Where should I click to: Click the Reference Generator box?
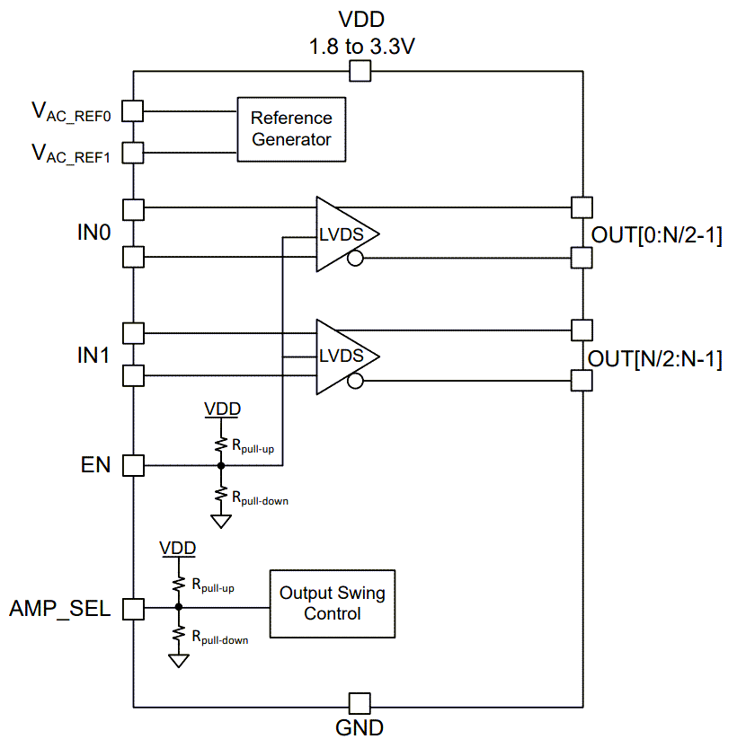click(x=291, y=129)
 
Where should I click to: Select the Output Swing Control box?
click(x=333, y=603)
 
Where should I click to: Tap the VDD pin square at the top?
click(x=360, y=72)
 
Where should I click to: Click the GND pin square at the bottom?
click(x=360, y=703)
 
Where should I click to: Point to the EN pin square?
click(x=133, y=465)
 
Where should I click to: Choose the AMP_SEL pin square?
click(x=133, y=608)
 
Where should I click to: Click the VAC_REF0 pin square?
click(x=133, y=111)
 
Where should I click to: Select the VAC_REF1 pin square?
click(x=133, y=152)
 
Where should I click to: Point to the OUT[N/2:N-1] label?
click(x=654, y=359)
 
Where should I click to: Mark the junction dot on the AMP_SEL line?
click(x=179, y=608)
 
